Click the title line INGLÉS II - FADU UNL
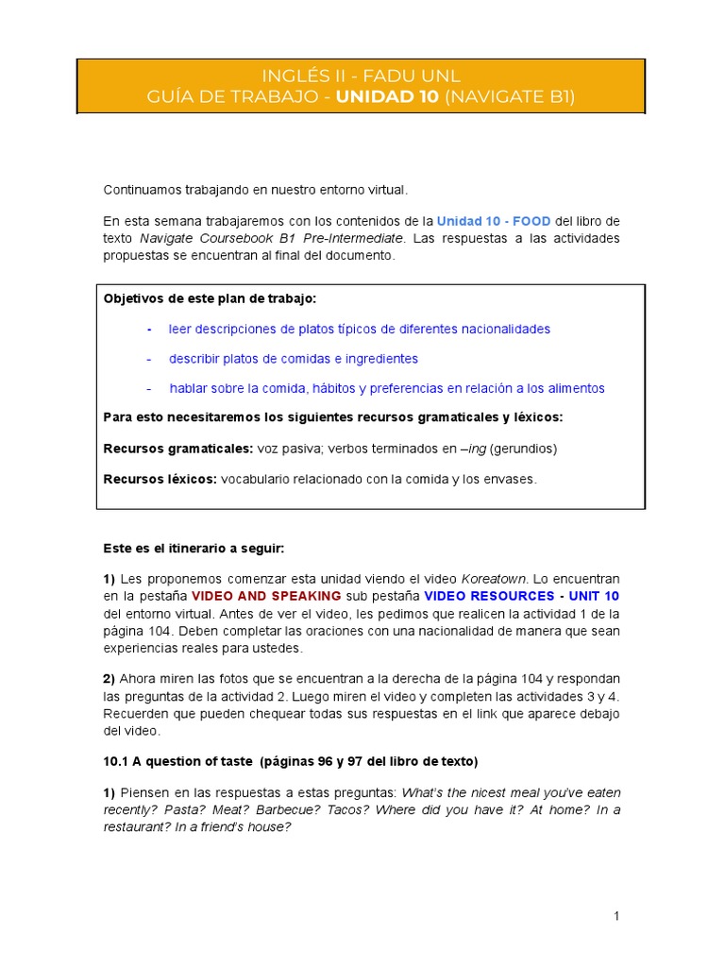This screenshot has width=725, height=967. [x=362, y=76]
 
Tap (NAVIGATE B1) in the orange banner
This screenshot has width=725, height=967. [x=509, y=96]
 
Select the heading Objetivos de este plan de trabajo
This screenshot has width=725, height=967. [x=210, y=298]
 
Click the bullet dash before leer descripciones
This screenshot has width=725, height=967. [x=149, y=329]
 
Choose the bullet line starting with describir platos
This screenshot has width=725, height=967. [x=293, y=359]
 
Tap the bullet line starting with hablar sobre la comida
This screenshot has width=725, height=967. [x=387, y=388]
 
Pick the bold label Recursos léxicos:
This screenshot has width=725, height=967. [x=160, y=479]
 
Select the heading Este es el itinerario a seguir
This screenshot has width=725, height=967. [x=193, y=548]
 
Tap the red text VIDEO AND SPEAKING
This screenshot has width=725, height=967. [x=266, y=596]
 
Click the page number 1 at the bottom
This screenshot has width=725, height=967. [x=615, y=916]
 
